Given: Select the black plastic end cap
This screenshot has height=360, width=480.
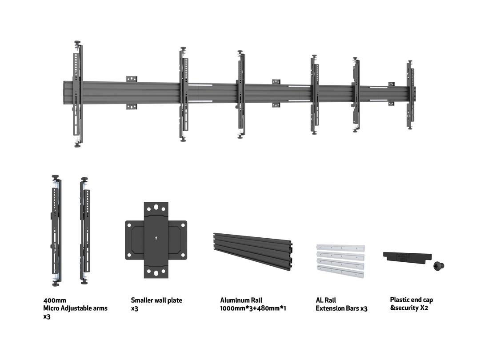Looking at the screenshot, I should point(407,256).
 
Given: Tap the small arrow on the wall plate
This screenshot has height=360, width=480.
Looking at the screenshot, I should point(156,238).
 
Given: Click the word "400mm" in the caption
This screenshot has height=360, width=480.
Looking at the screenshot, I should point(54,300).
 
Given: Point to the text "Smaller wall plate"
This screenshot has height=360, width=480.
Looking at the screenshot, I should point(156,300).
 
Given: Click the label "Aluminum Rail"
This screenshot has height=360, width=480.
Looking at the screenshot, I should point(241,300).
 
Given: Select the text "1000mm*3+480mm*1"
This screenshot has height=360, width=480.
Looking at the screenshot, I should point(253,308).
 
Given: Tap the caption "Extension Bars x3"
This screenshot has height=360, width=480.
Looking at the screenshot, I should point(341,308).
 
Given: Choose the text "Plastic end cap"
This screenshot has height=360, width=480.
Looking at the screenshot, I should point(411,300).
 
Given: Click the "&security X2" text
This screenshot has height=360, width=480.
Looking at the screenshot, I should point(409,308).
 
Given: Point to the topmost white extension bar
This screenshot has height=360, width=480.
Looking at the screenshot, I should point(340,246).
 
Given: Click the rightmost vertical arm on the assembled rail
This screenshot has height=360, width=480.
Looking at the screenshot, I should point(410,95).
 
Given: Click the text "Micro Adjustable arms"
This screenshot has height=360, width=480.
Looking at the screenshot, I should point(75,308).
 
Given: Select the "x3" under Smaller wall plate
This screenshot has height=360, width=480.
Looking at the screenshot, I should point(135,308).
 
